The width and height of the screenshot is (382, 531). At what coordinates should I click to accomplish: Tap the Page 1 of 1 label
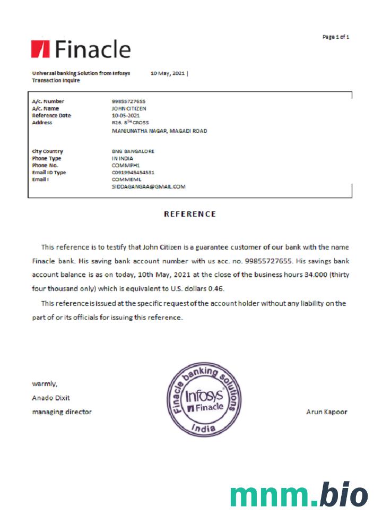[335, 37]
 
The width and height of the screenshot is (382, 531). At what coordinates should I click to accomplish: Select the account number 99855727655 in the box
[128, 101]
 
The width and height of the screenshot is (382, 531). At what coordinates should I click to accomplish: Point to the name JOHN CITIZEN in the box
[129, 108]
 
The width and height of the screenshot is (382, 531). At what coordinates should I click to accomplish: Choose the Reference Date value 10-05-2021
[126, 115]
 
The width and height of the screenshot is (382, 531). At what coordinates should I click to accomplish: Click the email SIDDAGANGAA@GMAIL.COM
[148, 187]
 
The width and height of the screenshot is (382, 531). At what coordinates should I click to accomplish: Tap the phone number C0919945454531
[133, 173]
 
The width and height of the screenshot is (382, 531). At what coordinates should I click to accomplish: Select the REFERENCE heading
[190, 214]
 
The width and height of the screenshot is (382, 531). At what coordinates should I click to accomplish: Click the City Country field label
[47, 151]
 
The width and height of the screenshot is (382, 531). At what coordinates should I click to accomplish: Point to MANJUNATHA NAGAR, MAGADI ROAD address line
[159, 131]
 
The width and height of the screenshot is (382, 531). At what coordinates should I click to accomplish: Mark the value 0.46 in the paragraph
[216, 289]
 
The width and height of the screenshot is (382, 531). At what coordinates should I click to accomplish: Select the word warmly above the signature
[45, 383]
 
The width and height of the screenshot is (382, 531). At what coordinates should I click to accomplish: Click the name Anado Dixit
[51, 398]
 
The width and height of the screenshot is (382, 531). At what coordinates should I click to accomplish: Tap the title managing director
[62, 412]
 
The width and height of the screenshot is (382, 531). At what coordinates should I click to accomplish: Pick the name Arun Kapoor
[327, 412]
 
